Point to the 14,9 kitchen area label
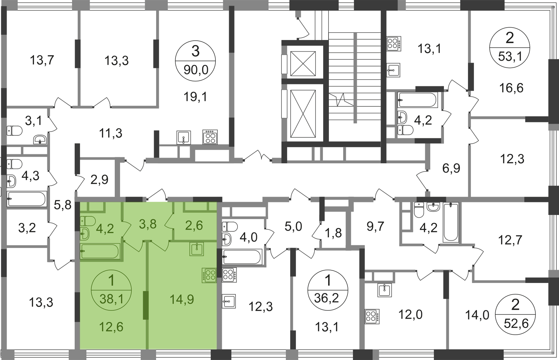(x=182, y=299)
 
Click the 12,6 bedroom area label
(x=111, y=327)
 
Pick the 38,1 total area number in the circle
(x=111, y=299)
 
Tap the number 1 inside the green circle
(x=111, y=281)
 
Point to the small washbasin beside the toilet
(x=85, y=234)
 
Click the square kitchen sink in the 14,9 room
(x=197, y=249)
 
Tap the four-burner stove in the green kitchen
(x=209, y=275)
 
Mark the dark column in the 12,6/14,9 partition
(x=145, y=305)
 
